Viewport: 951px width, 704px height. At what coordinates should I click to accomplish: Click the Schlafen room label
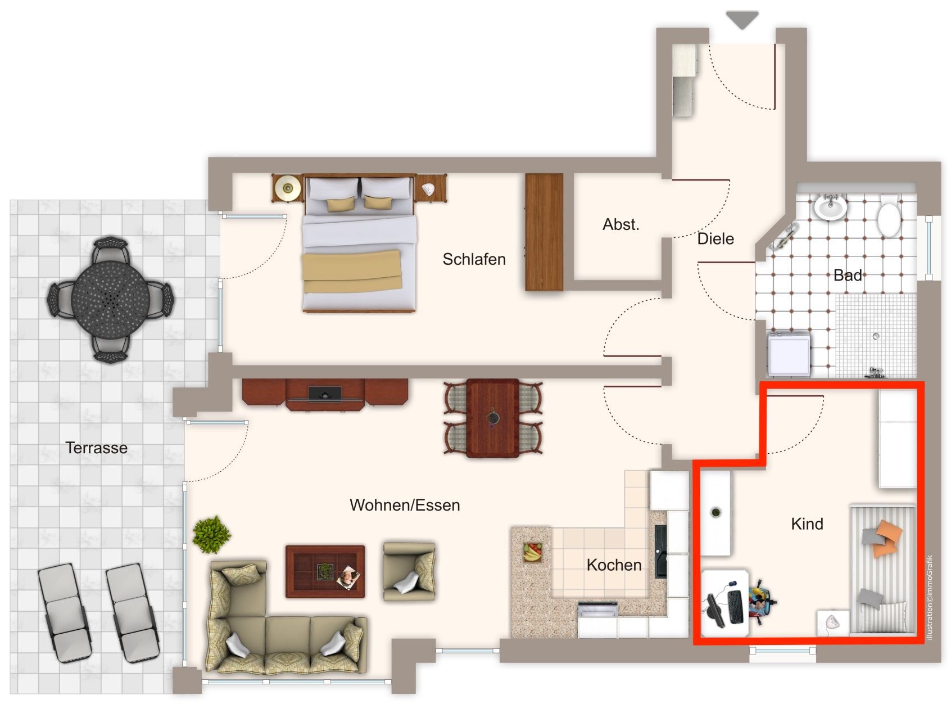click(474, 259)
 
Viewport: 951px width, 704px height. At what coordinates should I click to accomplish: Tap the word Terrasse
click(97, 448)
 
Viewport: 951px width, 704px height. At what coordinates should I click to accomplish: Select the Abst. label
click(621, 224)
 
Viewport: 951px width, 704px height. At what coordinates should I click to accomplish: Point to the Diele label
click(715, 238)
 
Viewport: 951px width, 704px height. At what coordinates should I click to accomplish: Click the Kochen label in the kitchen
click(614, 565)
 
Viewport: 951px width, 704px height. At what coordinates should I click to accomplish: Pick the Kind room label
click(807, 524)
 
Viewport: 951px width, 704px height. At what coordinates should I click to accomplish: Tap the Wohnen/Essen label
click(405, 505)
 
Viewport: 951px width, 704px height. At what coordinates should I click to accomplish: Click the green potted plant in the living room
click(211, 535)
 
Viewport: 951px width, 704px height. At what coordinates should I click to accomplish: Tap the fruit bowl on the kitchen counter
click(532, 553)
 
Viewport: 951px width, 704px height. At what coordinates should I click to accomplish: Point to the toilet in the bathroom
click(889, 214)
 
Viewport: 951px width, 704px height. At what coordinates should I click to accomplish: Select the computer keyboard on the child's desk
click(735, 606)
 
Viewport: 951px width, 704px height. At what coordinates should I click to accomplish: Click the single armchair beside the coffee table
click(409, 571)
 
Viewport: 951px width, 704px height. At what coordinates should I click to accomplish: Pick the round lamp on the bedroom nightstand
click(288, 187)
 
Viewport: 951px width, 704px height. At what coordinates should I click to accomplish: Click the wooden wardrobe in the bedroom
click(544, 232)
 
